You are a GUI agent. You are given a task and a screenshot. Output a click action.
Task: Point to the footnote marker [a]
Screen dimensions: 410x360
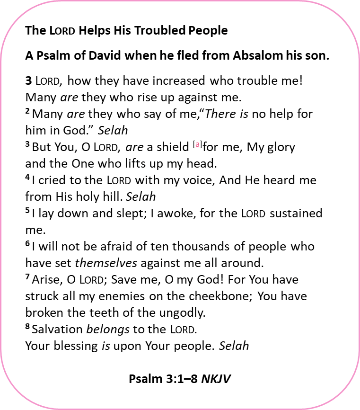click(x=197, y=145)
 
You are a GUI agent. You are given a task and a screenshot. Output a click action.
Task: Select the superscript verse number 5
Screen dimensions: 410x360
click(x=27, y=211)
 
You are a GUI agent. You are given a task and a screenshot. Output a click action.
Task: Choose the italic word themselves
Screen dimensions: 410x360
click(x=105, y=263)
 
